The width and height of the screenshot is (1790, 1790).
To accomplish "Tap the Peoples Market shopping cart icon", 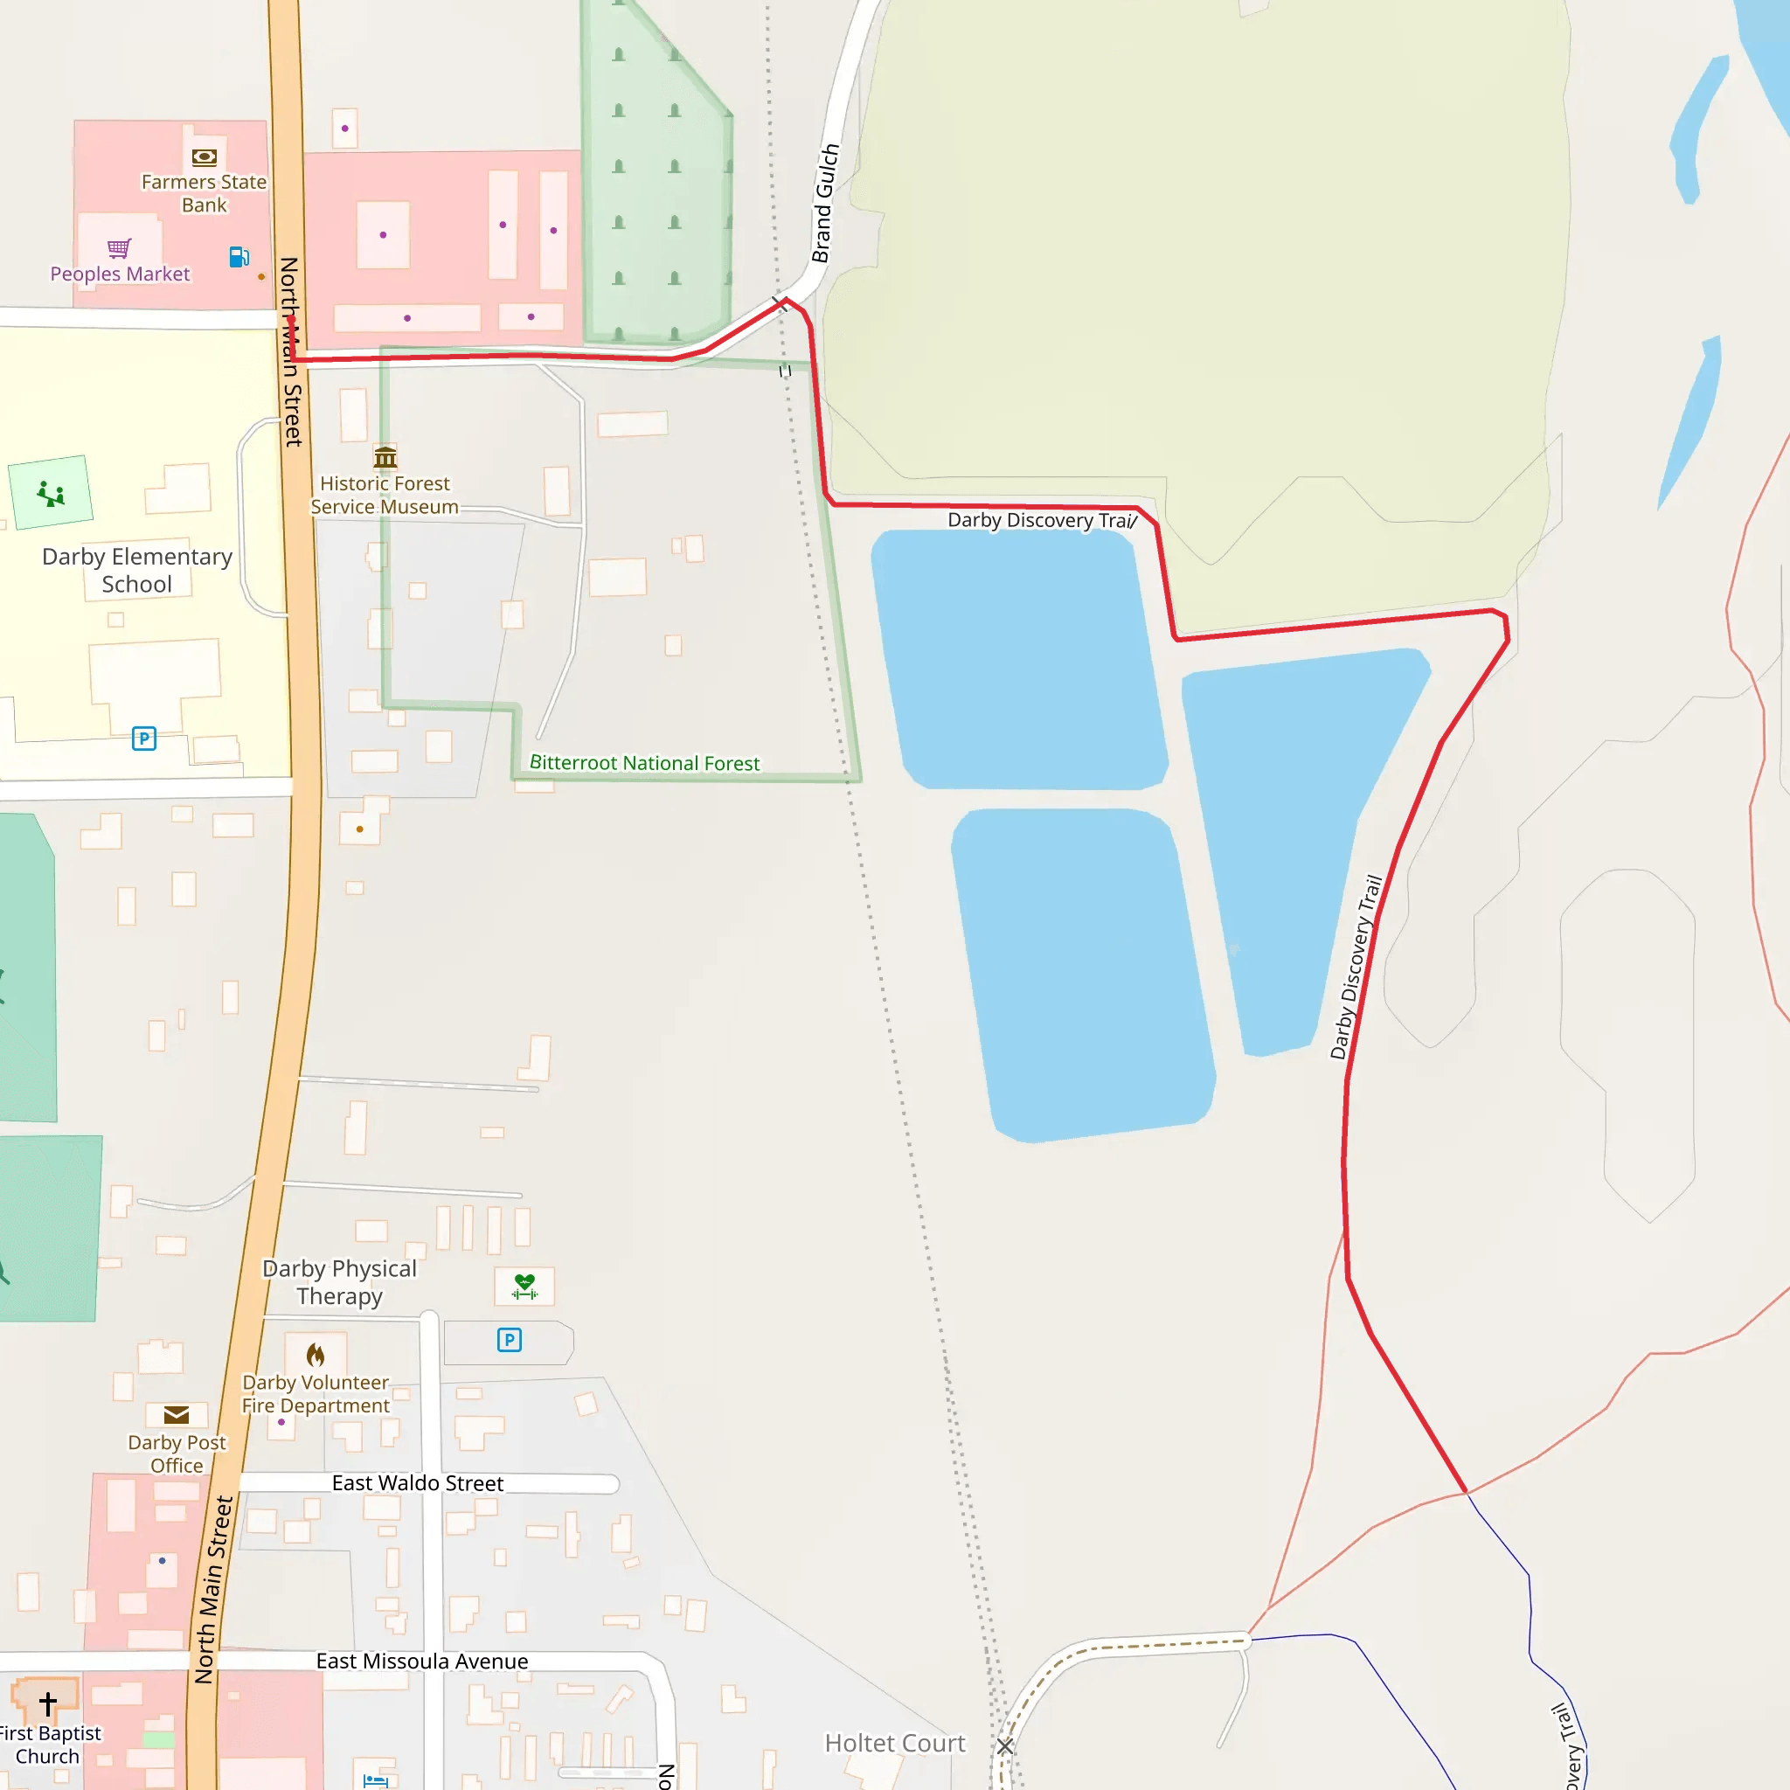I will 119,247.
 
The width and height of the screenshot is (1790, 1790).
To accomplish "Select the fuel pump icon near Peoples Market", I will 239,257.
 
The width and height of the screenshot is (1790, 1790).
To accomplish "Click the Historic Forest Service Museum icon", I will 385,457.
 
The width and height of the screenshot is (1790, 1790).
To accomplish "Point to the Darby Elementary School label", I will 137,570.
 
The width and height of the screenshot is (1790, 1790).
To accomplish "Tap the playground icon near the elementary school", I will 51,493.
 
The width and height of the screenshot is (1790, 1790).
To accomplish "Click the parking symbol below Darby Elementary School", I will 143,739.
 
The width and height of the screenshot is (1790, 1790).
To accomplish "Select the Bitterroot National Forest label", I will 644,762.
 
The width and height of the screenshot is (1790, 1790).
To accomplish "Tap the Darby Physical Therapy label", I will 339,1281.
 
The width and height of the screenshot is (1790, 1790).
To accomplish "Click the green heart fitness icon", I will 524,1286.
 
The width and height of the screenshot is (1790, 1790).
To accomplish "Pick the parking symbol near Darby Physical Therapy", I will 509,1340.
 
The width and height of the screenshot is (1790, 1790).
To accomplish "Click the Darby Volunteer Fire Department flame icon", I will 316,1356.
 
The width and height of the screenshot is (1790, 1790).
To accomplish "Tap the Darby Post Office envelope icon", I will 176,1415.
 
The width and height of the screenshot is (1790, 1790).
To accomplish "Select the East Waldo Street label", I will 418,1483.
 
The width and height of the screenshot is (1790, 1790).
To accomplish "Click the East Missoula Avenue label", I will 421,1662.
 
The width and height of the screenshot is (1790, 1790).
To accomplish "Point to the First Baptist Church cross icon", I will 48,1703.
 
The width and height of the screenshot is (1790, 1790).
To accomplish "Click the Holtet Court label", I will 895,1743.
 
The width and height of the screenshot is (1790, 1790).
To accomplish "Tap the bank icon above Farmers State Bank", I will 204,156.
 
